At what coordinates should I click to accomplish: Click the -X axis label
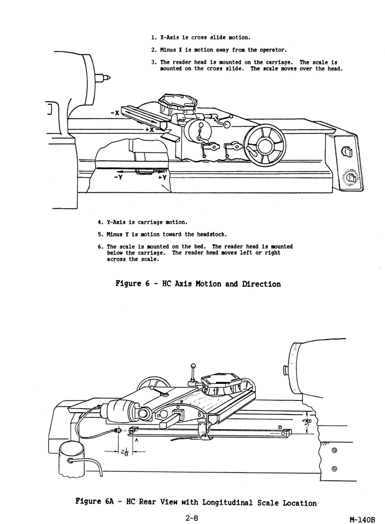(x=116, y=113)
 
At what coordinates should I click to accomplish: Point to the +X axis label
(x=149, y=130)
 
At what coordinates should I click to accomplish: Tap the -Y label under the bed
(x=117, y=178)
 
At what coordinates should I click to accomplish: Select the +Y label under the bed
(x=162, y=178)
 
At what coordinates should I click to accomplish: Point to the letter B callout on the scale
(x=280, y=427)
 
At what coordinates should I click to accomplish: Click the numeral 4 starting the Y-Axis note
(x=100, y=222)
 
